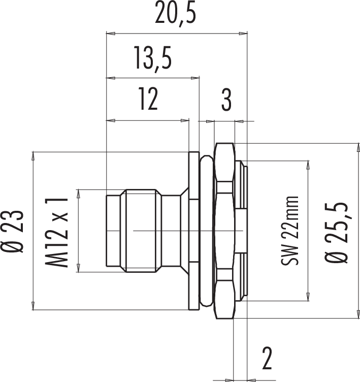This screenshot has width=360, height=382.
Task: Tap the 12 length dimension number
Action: [148, 99]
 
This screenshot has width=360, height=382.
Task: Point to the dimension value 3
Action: [226, 100]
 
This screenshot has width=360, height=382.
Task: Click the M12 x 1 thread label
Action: [56, 233]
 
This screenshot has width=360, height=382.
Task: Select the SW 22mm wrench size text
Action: [290, 231]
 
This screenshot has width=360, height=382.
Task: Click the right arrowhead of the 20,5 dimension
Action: [243, 34]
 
